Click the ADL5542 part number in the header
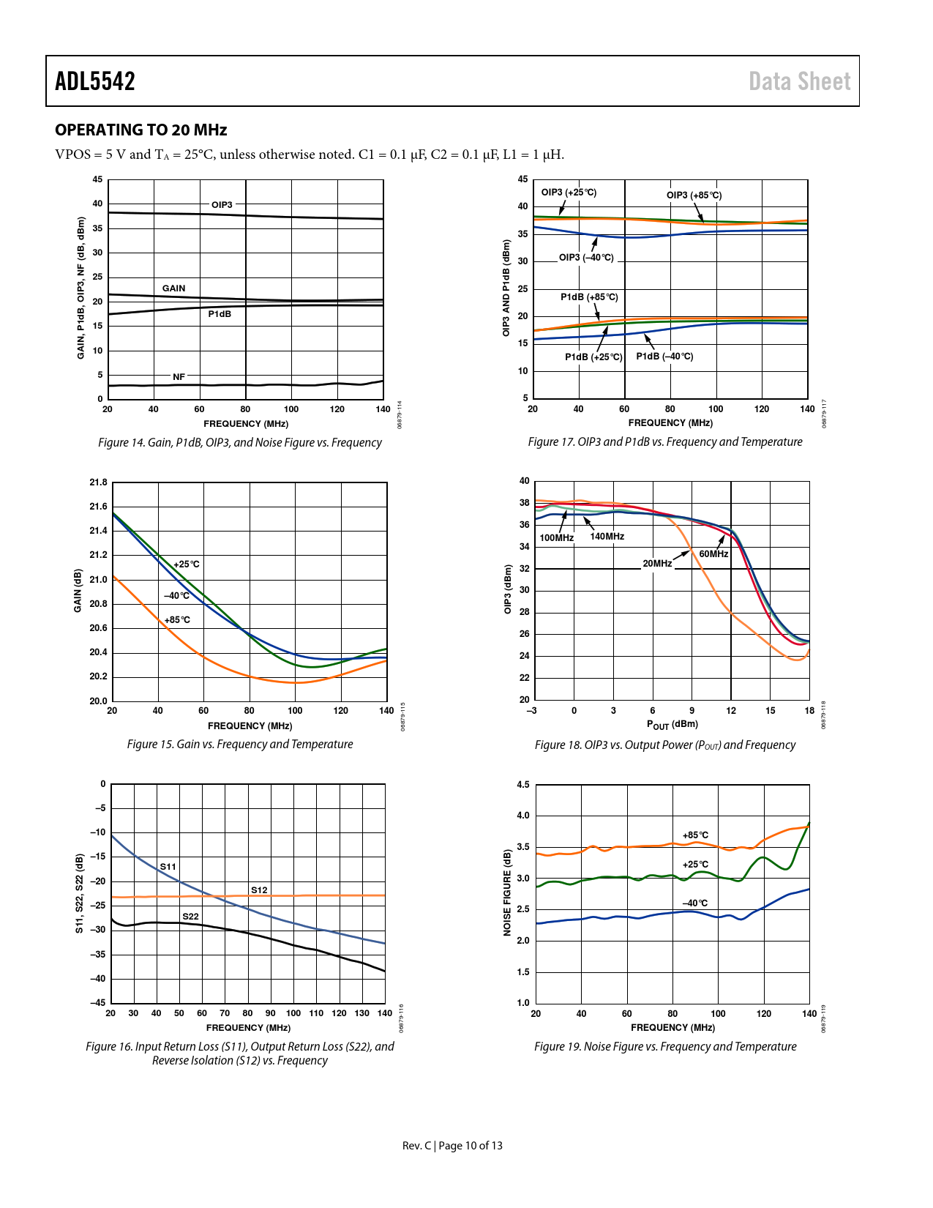95,81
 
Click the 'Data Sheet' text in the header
799,81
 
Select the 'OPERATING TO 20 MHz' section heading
141,130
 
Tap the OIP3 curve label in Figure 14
222,205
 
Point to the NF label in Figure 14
179,377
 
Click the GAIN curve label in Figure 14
173,288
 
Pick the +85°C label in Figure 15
177,620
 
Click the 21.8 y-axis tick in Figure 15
98,482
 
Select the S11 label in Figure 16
168,867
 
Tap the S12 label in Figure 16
259,890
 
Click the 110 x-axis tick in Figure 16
316,1013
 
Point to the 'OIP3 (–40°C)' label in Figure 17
586,258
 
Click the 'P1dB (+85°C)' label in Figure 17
589,297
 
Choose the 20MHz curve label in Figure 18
657,564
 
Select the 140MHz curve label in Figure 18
607,537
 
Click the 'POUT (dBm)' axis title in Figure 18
672,725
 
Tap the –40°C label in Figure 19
694,903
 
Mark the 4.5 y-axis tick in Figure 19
523,785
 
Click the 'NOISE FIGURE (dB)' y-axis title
507,892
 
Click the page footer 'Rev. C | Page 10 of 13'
452,1146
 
